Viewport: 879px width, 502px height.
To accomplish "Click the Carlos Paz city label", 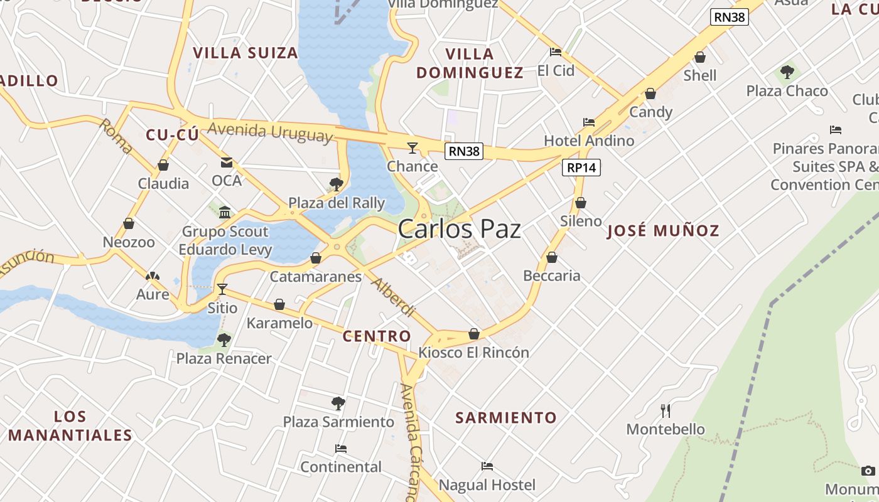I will click(x=459, y=229).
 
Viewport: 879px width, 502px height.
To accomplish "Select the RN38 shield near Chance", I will click(x=464, y=151).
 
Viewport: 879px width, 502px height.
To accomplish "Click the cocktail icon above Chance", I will click(x=412, y=148).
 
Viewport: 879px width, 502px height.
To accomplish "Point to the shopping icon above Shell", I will click(x=700, y=58).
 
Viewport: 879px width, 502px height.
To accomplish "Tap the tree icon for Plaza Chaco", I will click(x=787, y=72).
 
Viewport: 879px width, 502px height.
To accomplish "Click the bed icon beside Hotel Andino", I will click(x=588, y=122).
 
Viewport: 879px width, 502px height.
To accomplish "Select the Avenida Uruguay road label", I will click(x=269, y=132).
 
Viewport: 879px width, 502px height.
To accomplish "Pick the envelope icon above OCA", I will click(x=226, y=163).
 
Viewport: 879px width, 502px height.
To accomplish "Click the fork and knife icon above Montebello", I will click(x=666, y=411).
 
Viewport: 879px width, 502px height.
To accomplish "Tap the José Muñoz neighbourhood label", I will click(x=662, y=231).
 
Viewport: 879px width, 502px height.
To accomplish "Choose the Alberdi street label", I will click(x=393, y=296).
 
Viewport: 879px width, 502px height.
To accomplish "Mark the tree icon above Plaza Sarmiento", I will click(x=338, y=403).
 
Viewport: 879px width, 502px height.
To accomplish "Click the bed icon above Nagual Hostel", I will click(x=487, y=466).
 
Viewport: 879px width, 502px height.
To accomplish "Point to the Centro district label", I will click(x=377, y=336).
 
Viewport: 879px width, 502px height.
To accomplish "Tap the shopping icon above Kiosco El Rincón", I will click(x=474, y=334).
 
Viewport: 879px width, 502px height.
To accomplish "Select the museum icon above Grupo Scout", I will click(x=225, y=212).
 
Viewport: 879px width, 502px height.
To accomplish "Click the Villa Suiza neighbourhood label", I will click(x=245, y=53).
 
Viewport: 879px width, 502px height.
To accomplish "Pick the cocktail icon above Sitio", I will click(x=222, y=289).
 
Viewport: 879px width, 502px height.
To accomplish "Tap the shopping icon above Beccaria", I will click(x=551, y=257).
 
